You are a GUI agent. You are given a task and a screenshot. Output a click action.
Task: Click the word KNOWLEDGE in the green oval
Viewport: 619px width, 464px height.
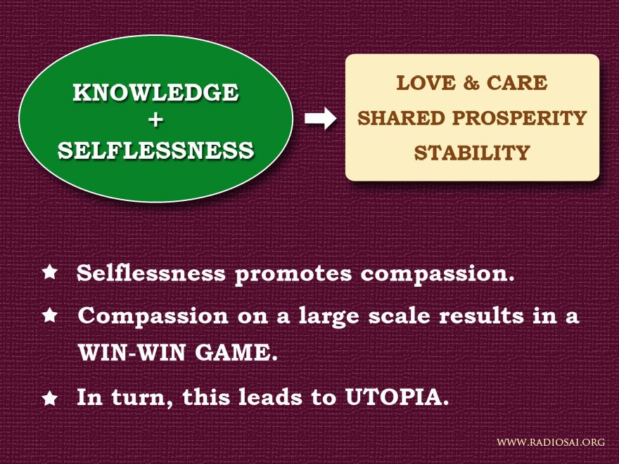(x=155, y=92)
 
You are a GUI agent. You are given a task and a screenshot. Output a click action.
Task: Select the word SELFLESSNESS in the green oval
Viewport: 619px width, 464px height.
(x=156, y=150)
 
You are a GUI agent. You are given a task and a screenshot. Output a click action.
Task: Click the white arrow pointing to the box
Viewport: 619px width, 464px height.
(x=320, y=118)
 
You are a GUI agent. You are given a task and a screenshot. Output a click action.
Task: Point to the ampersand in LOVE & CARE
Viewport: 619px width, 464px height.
(x=471, y=83)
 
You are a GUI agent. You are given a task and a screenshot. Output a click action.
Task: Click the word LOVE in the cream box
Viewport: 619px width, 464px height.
(x=426, y=83)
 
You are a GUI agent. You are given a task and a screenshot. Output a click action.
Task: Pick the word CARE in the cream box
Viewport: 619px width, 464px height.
(x=517, y=83)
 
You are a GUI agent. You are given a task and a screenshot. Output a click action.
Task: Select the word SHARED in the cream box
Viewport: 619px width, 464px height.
(x=401, y=118)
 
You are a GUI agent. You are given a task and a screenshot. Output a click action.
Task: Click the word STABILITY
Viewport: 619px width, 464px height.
(x=472, y=153)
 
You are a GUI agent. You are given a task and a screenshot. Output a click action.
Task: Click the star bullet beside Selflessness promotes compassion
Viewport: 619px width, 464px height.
(x=50, y=272)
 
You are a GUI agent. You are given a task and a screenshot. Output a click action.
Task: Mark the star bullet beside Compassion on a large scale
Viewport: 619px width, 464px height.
(x=50, y=315)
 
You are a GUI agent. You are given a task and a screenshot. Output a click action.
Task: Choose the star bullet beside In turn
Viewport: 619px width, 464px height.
(x=50, y=398)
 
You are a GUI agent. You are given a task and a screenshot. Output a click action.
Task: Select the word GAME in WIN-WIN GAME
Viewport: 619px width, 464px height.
(x=236, y=352)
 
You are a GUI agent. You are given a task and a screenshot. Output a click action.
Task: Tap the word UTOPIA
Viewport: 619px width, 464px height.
(x=397, y=397)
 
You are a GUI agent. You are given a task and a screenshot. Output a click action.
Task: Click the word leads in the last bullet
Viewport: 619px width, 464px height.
(x=270, y=397)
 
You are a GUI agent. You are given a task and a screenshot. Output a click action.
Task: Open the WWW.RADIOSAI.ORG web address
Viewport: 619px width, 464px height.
(x=551, y=442)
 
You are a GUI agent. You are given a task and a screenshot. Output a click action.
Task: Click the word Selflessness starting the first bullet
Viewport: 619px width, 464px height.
(x=151, y=273)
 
